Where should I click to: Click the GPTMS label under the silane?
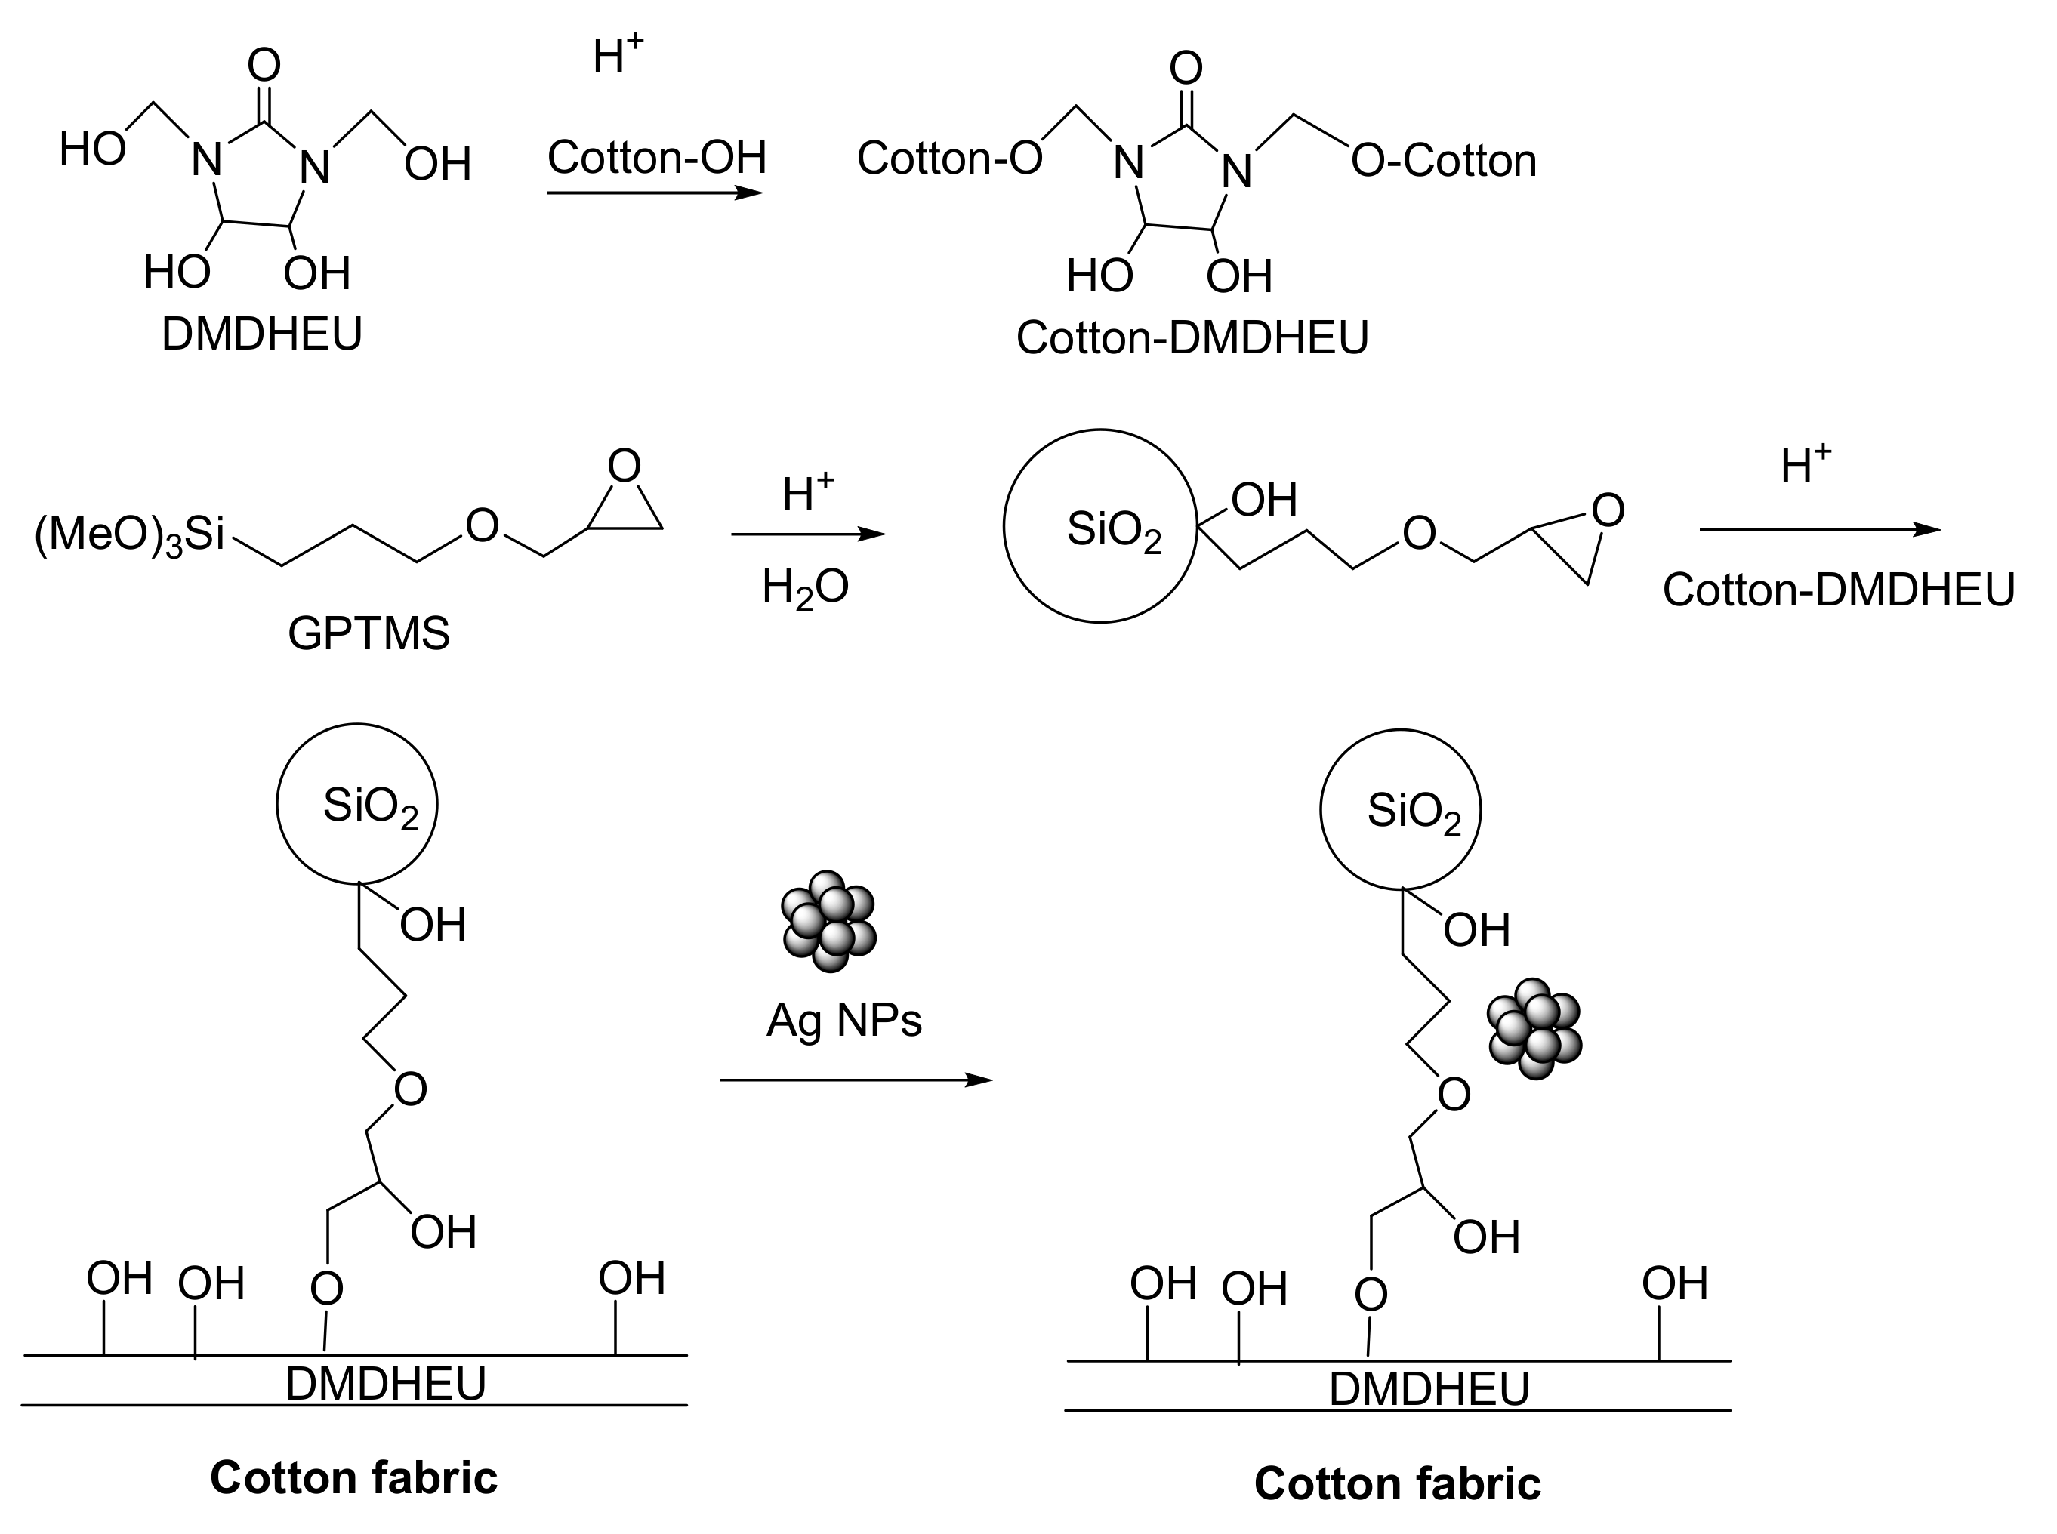[x=369, y=634]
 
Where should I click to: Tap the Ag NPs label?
[x=843, y=1021]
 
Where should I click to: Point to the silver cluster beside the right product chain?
[x=1534, y=1029]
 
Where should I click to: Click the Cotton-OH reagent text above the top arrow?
[x=656, y=157]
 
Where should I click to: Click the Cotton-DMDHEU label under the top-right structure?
[x=1192, y=338]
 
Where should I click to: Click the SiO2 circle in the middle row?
[x=1100, y=526]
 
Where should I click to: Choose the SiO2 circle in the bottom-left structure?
[x=357, y=804]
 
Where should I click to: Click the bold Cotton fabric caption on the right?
[x=1397, y=1484]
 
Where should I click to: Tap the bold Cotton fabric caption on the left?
[x=354, y=1477]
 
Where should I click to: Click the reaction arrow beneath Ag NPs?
[x=856, y=1080]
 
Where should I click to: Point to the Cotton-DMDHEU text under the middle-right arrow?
[x=1839, y=590]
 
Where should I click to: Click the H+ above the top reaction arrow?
[x=618, y=57]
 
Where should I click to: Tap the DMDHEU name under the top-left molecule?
[x=262, y=334]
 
